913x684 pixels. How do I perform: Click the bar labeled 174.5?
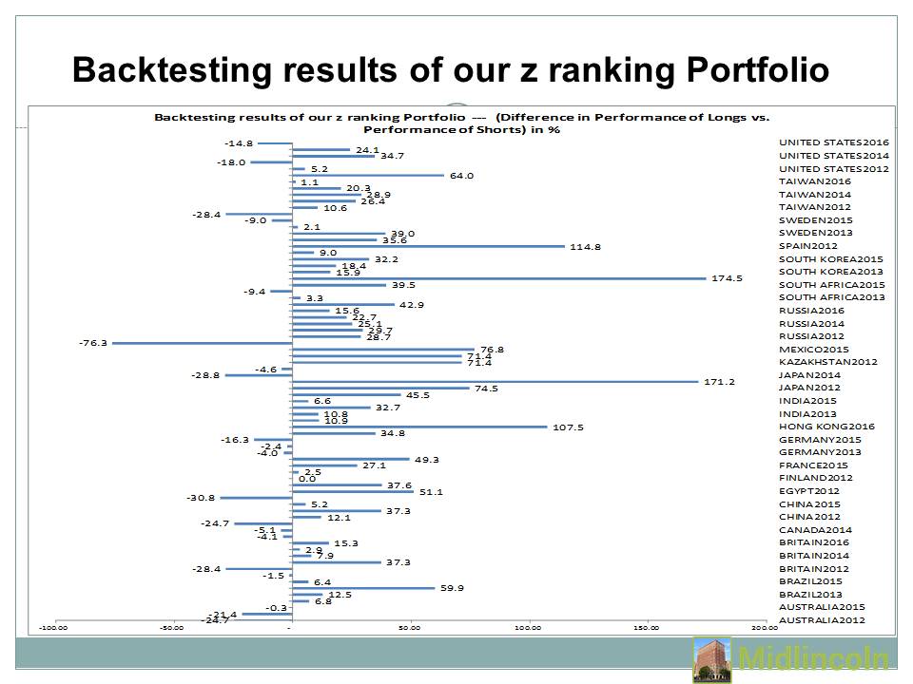coord(499,278)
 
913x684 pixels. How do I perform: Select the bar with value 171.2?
coord(495,381)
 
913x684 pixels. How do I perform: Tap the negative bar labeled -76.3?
coord(202,343)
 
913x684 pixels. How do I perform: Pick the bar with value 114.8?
coord(428,246)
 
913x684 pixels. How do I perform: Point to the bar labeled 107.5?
coord(419,427)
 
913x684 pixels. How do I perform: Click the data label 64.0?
coord(461,175)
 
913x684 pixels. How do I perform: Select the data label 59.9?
coord(452,587)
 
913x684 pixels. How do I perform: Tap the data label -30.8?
coord(203,497)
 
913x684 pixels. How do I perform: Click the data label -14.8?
coord(239,142)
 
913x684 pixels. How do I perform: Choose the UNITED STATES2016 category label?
coord(833,142)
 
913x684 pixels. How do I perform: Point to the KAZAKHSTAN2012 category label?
coord(827,361)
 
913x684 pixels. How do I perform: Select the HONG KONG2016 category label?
coord(826,426)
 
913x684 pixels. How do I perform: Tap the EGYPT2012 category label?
coord(808,490)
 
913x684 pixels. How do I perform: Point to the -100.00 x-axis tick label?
coord(54,627)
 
